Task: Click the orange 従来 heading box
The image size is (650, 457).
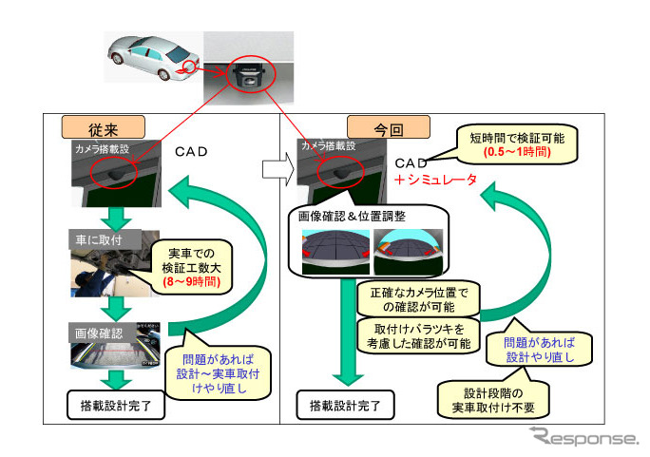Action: [103, 126]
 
